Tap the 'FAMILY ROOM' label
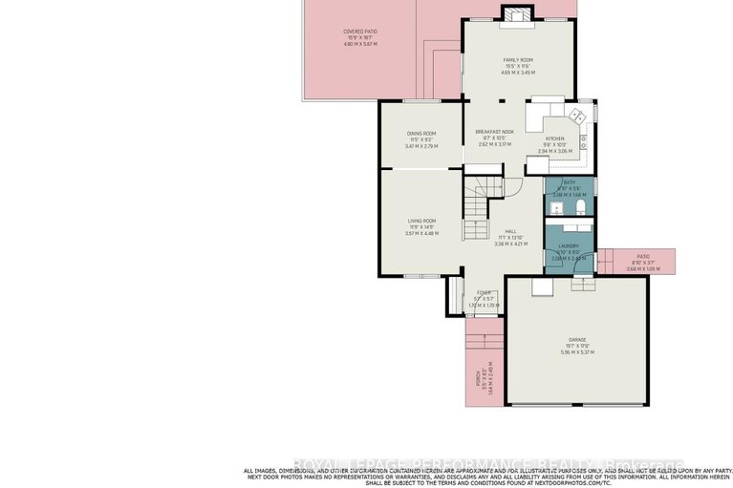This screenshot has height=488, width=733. [x=518, y=59]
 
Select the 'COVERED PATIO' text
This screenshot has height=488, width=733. [x=359, y=32]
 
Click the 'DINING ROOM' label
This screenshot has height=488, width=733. [x=421, y=133]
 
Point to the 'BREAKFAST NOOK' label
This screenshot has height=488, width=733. [x=495, y=132]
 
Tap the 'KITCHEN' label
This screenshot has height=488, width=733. [x=554, y=138]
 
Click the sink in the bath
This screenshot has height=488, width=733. [x=556, y=205]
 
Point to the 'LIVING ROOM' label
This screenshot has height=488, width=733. [x=421, y=221]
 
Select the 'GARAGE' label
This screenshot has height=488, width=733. [x=577, y=339]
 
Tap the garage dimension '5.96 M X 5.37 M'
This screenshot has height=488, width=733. [x=577, y=352]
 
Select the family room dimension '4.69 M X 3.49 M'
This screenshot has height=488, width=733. [x=518, y=73]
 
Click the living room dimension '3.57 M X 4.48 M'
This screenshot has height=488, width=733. [x=421, y=233]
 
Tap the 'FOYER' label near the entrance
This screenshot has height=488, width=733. [x=485, y=292]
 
